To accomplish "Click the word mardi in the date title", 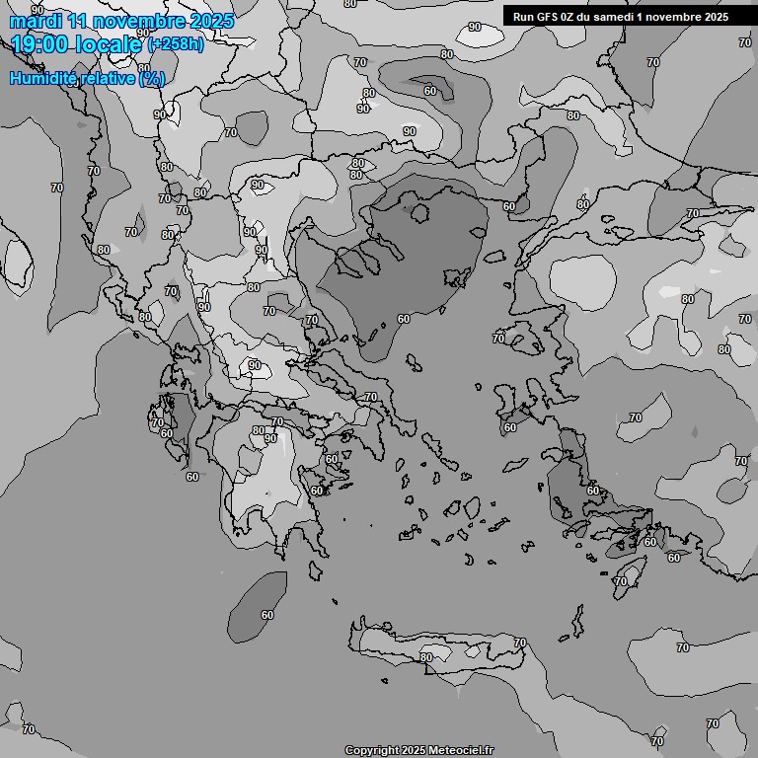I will (33, 21).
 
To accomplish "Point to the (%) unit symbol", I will (151, 78).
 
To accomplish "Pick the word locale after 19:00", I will (111, 44).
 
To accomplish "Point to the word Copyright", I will (373, 750).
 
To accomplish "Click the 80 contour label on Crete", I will (426, 657).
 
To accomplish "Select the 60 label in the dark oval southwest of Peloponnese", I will (267, 615).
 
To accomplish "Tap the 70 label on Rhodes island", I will (620, 581).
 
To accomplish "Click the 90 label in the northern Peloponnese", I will (269, 438).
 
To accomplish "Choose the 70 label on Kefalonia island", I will (158, 422).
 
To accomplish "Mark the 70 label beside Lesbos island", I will (498, 339).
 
